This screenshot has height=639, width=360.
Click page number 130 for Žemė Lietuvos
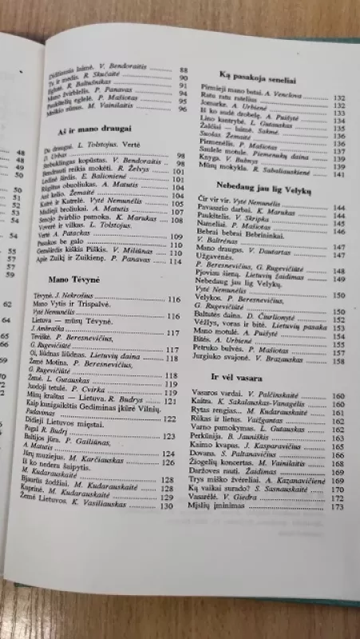[167, 506]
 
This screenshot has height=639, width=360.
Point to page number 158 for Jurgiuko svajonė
[338, 360]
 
